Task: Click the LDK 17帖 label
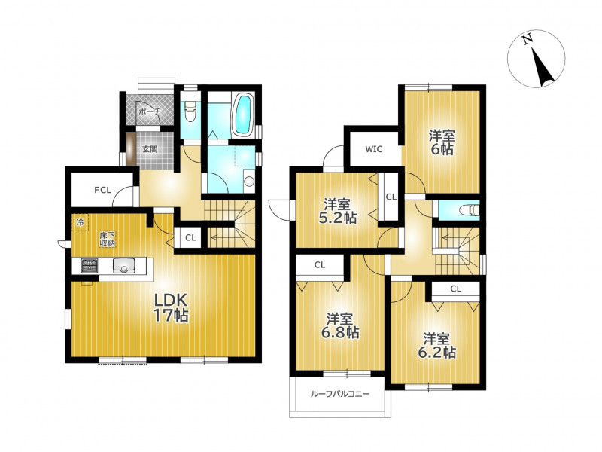[171, 307]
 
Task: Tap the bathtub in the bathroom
[243, 115]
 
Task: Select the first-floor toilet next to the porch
[190, 110]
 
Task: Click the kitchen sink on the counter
[123, 266]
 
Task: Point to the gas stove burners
[89, 266]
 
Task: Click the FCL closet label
[103, 190]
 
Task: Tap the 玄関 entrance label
[150, 149]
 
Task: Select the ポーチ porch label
[150, 111]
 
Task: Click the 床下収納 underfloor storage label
[108, 239]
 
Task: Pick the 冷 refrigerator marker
[80, 221]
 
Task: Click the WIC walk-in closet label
[374, 149]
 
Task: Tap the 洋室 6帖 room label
[442, 142]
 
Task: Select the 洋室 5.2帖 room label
[338, 211]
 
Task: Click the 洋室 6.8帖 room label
[340, 326]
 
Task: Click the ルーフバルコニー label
[340, 394]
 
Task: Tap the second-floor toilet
[470, 210]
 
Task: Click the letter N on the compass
[528, 39]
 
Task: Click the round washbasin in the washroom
[249, 181]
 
